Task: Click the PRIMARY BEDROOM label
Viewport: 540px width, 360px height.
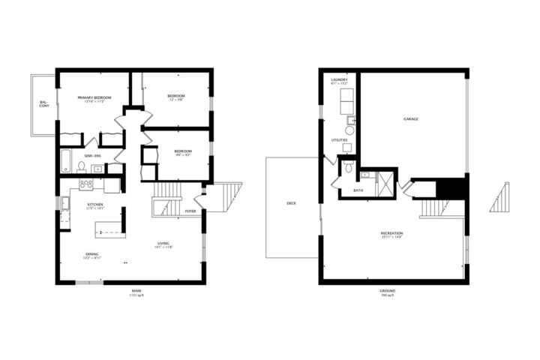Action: pos(94,97)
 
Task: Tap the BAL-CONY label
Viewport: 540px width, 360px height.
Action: pos(43,105)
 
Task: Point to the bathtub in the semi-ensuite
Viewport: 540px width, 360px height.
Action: pos(67,160)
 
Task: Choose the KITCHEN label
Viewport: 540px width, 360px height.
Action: pos(94,204)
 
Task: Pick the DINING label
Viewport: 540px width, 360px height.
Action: pos(93,254)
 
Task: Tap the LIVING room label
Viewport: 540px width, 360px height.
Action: pos(163,242)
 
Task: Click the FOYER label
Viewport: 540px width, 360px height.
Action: pos(190,211)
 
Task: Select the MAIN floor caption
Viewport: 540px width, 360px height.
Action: pos(136,291)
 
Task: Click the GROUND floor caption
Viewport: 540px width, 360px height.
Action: pos(387,291)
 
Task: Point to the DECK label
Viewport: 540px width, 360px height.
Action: pos(291,203)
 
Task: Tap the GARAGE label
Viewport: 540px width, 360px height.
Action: pos(411,119)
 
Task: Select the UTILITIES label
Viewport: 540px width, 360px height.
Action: pos(339,140)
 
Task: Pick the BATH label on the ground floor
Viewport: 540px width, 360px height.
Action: pos(358,190)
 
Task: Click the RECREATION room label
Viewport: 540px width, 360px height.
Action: pos(391,233)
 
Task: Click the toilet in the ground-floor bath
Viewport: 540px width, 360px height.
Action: pos(348,167)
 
